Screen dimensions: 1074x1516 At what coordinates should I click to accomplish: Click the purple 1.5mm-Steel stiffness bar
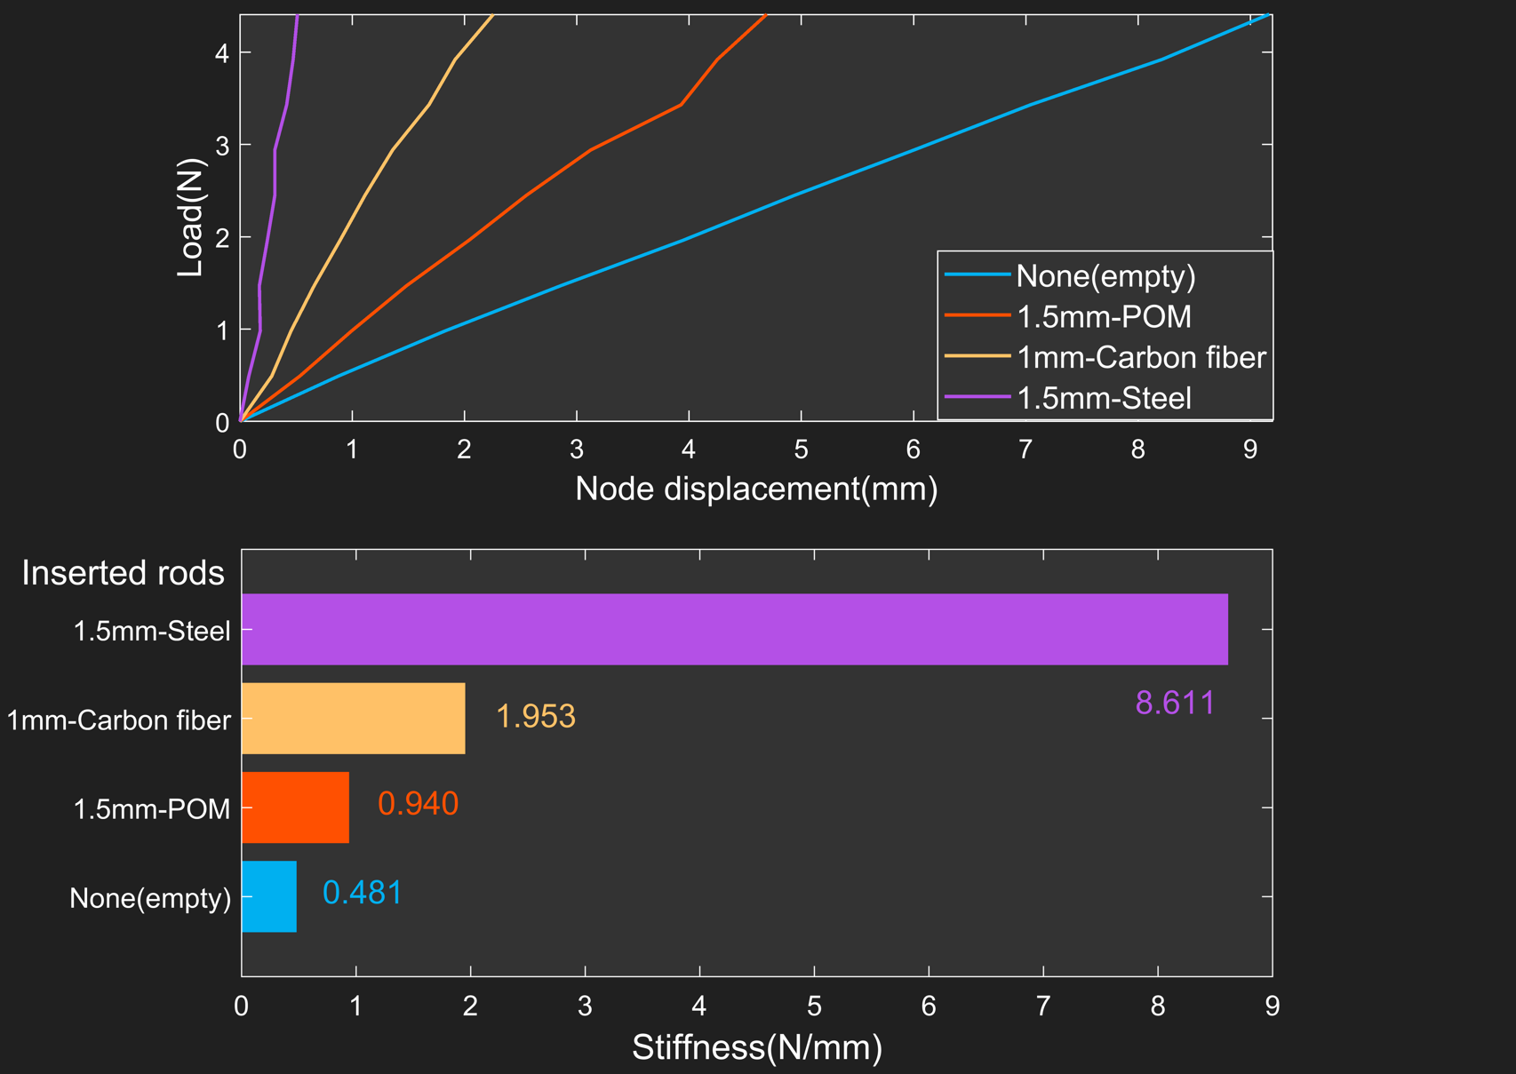pyautogui.click(x=734, y=629)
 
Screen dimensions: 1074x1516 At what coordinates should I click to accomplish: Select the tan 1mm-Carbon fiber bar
pyautogui.click(x=353, y=718)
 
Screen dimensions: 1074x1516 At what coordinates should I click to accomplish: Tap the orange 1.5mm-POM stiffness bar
pyautogui.click(x=295, y=807)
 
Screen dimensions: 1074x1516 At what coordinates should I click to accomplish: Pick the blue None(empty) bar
pyautogui.click(x=268, y=896)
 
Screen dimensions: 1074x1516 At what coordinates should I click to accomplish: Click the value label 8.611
pyautogui.click(x=1175, y=703)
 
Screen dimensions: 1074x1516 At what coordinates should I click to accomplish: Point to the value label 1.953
pyautogui.click(x=535, y=716)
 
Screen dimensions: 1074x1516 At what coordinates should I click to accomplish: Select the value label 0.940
pyautogui.click(x=418, y=803)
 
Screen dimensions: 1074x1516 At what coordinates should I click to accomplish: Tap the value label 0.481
pyautogui.click(x=362, y=892)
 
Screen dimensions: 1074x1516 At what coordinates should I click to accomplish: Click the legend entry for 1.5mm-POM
pyautogui.click(x=1103, y=316)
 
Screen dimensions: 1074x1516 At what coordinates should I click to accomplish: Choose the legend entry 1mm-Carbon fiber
pyautogui.click(x=1140, y=357)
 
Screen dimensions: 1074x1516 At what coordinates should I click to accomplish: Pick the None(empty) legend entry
pyautogui.click(x=1105, y=276)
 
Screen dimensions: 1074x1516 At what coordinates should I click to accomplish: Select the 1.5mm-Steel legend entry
pyautogui.click(x=1103, y=398)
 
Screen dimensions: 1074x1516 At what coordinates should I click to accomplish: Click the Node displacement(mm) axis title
pyautogui.click(x=756, y=489)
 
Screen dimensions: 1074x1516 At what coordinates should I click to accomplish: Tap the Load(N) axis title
pyautogui.click(x=191, y=218)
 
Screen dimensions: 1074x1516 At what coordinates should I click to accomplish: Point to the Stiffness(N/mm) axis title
pyautogui.click(x=757, y=1047)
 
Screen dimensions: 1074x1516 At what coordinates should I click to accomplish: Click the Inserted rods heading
pyautogui.click(x=123, y=573)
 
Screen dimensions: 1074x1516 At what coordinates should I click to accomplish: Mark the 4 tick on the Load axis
pyautogui.click(x=221, y=53)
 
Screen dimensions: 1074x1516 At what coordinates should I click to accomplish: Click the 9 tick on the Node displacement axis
pyautogui.click(x=1249, y=449)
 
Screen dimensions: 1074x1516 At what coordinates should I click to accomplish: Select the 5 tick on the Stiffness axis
pyautogui.click(x=814, y=1006)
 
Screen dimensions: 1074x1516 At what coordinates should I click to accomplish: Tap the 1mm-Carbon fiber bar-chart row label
pyautogui.click(x=118, y=720)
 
